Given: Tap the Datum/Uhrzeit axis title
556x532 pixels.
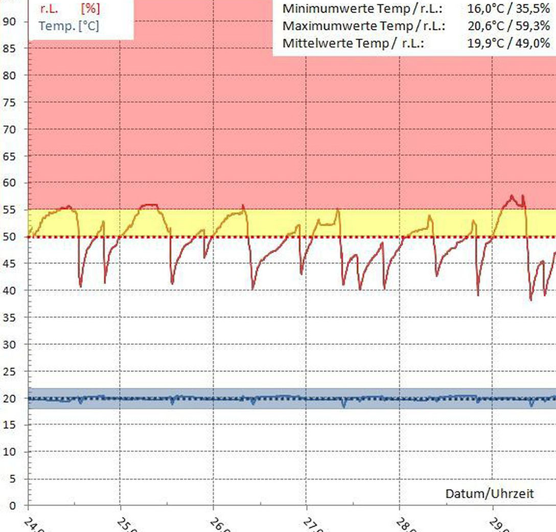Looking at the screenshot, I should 490,494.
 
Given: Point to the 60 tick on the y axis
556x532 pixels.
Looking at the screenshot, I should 10,183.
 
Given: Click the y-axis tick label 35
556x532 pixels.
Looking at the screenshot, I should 10,318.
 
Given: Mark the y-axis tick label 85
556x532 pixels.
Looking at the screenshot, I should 10,48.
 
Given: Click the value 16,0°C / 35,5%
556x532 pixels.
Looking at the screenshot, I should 508,9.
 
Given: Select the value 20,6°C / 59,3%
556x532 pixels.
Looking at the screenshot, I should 508,26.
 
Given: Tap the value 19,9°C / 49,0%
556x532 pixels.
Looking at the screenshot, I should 508,43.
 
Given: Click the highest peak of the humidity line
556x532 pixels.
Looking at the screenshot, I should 512,195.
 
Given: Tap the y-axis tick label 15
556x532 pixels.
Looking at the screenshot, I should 10,425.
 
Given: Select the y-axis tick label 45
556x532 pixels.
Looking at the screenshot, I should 10,263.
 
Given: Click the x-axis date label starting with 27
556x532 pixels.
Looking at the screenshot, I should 312,525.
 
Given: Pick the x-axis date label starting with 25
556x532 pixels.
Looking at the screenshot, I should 126,525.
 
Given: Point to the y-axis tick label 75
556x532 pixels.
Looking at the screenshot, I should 10,102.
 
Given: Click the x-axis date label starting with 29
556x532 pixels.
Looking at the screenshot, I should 498,525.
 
